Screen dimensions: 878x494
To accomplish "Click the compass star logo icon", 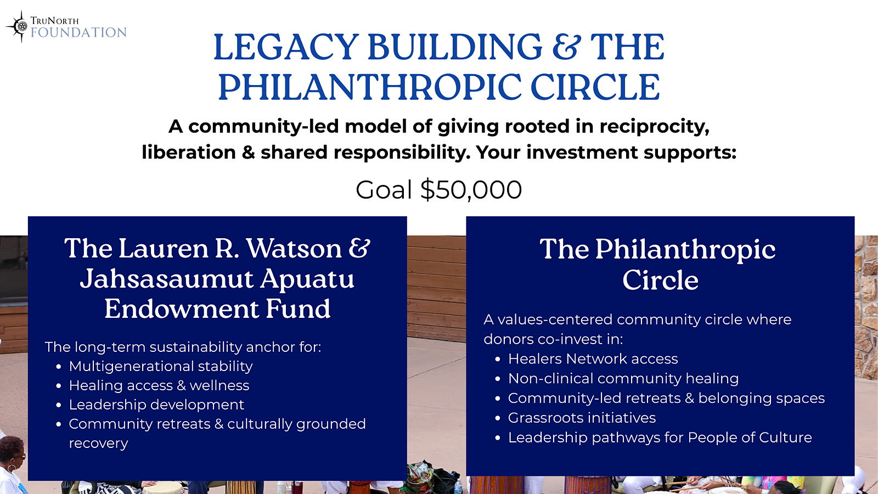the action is coord(18,26).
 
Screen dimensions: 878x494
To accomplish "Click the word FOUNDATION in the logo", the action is coord(78,32).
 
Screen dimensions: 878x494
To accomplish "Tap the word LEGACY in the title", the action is coord(286,47).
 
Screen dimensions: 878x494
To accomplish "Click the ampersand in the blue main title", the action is coord(566,47).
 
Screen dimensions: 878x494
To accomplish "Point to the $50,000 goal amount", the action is coord(471,190).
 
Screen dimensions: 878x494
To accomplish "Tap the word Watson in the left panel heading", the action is coord(294,248).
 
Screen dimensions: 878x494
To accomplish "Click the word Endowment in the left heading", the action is coord(182,309).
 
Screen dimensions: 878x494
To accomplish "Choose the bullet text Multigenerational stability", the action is coord(161,366).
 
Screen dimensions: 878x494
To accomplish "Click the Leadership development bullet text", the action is coord(156,405).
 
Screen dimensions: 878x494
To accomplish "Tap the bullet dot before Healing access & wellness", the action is coord(59,386).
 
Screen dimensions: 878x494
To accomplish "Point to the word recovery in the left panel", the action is coord(98,444).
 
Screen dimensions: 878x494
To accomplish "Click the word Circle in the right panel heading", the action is coord(661,280).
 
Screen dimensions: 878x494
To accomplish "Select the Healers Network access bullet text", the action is coord(593,359).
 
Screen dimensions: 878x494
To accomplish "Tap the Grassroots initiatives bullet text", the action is coord(582,418).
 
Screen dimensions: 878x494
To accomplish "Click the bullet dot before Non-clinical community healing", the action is coord(498,379).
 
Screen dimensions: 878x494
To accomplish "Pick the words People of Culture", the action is coord(750,437).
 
